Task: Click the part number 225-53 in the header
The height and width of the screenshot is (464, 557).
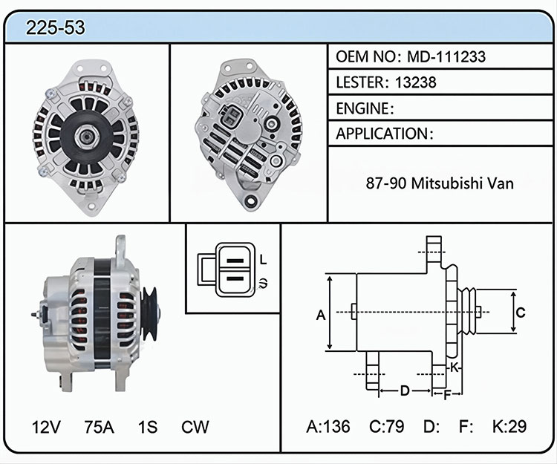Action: click(x=56, y=27)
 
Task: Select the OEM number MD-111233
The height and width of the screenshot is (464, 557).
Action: click(x=446, y=56)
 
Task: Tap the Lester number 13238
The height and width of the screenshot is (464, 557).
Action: click(x=415, y=82)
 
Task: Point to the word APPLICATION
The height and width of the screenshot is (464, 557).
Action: click(x=382, y=134)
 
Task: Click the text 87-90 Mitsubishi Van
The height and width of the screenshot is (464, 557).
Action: click(x=440, y=183)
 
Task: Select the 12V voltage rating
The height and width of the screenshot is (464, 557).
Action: click(x=46, y=427)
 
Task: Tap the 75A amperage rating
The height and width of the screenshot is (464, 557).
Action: click(x=99, y=427)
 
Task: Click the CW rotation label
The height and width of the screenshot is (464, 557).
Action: click(x=195, y=427)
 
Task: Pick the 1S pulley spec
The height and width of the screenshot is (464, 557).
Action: click(x=148, y=427)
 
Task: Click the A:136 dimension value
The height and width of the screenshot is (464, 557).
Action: click(x=328, y=426)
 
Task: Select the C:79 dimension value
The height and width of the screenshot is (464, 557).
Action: click(x=386, y=426)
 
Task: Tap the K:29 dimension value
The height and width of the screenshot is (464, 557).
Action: click(x=509, y=426)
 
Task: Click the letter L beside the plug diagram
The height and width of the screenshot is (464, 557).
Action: click(x=263, y=260)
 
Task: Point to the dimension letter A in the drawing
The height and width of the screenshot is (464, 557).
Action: click(x=321, y=315)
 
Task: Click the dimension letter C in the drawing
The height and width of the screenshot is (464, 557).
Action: click(x=521, y=313)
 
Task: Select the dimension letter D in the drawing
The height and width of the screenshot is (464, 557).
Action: click(x=405, y=391)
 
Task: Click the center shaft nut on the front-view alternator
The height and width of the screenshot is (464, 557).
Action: click(x=85, y=137)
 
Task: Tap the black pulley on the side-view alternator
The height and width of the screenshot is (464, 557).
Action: click(x=149, y=314)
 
